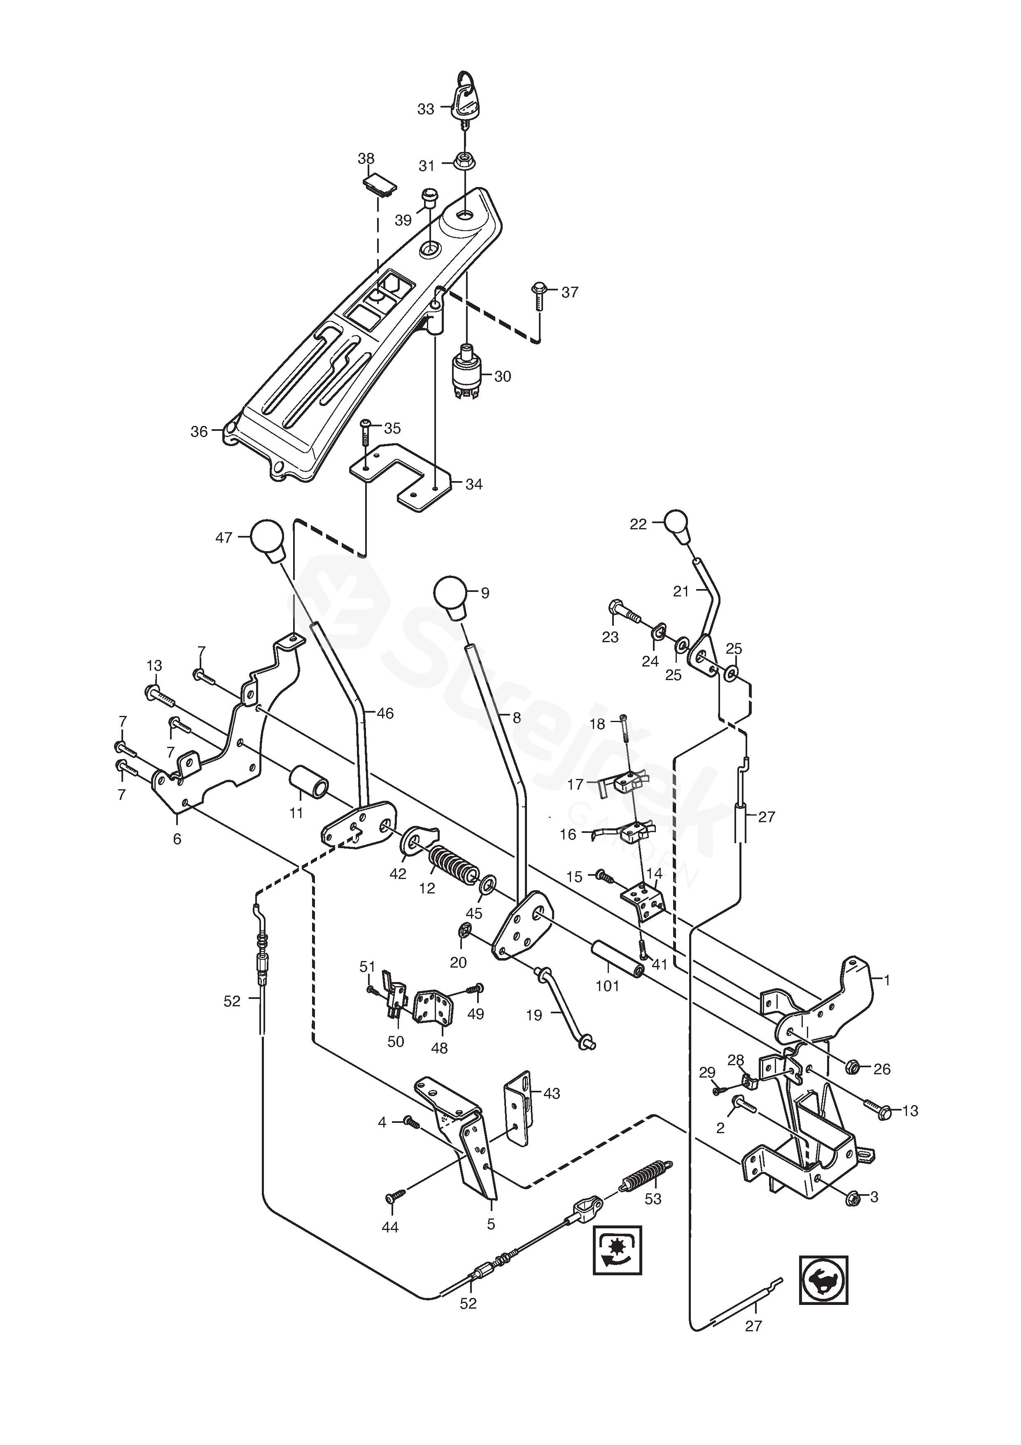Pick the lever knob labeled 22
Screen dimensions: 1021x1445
[x=677, y=527]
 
